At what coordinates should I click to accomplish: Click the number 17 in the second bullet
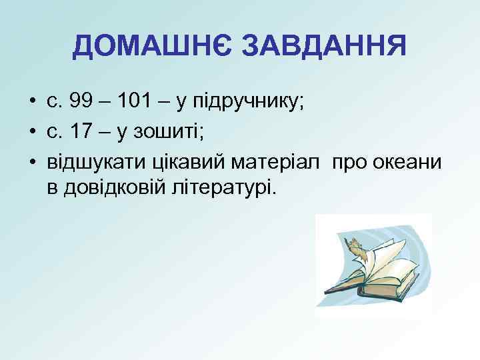pos(81,133)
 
